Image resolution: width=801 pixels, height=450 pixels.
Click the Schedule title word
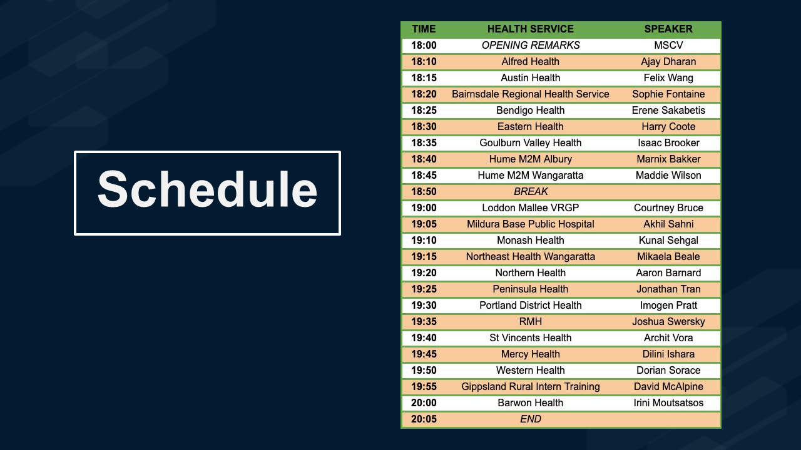pyautogui.click(x=207, y=189)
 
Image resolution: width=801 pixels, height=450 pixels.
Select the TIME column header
pyautogui.click(x=424, y=29)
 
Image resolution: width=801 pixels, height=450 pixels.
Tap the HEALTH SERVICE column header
pyautogui.click(x=530, y=29)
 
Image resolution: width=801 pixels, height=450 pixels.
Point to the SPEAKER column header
pyautogui.click(x=668, y=29)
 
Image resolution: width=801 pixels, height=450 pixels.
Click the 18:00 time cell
pyautogui.click(x=424, y=46)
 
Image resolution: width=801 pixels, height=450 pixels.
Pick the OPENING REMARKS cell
pyautogui.click(x=531, y=46)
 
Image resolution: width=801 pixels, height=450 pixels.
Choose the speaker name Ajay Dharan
pyautogui.click(x=668, y=62)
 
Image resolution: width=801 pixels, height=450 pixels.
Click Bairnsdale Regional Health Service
pyautogui.click(x=530, y=94)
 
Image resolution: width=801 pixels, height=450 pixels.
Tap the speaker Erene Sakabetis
pyautogui.click(x=668, y=111)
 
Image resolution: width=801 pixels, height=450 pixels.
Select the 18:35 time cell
pyautogui.click(x=424, y=143)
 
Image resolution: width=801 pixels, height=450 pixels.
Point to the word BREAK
pyautogui.click(x=531, y=191)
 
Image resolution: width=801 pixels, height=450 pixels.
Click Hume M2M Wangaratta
pyautogui.click(x=530, y=176)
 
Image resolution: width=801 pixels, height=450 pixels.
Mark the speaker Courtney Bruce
pyautogui.click(x=668, y=208)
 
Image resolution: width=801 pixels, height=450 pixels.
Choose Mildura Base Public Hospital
pyautogui.click(x=530, y=224)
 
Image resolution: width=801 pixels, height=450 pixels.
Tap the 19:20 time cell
pyautogui.click(x=424, y=273)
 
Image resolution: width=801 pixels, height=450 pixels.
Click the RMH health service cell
pyautogui.click(x=530, y=321)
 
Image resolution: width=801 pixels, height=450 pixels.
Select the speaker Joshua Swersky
pyautogui.click(x=668, y=321)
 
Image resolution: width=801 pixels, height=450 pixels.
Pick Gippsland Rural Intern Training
pyautogui.click(x=530, y=386)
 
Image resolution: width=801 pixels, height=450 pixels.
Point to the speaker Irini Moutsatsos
pyautogui.click(x=668, y=403)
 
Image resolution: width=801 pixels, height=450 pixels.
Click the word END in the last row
pyautogui.click(x=531, y=419)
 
